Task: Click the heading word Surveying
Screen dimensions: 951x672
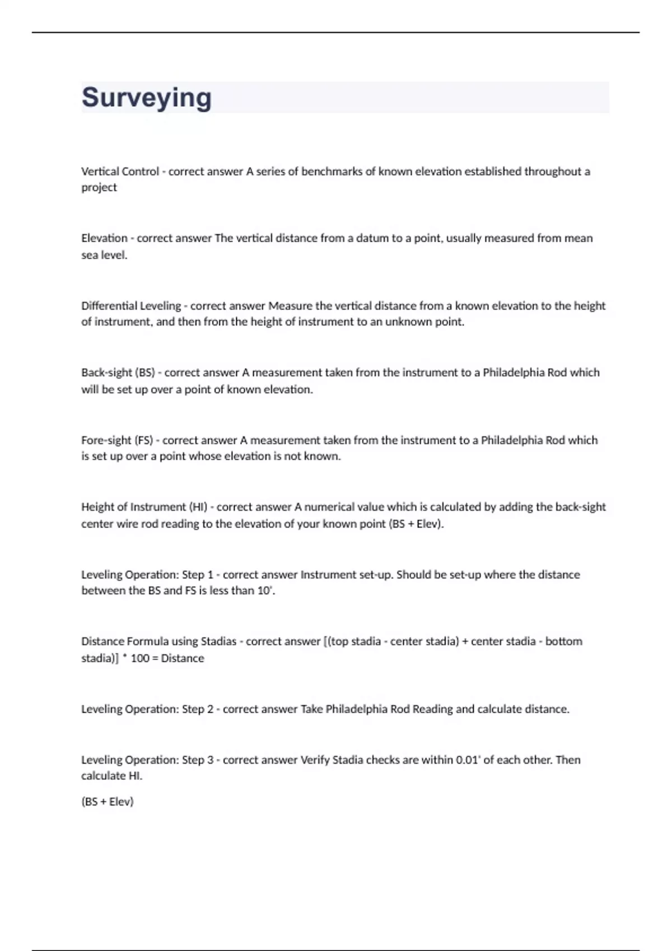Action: [x=147, y=98]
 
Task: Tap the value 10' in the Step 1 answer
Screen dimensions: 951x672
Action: [x=265, y=591]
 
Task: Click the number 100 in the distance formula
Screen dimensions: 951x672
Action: [x=140, y=658]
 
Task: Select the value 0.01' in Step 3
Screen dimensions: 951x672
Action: [x=468, y=760]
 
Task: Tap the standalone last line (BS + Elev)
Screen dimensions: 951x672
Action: [x=108, y=802]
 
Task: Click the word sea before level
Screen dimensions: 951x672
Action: [x=90, y=255]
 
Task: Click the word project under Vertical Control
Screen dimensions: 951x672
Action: [x=99, y=187]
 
